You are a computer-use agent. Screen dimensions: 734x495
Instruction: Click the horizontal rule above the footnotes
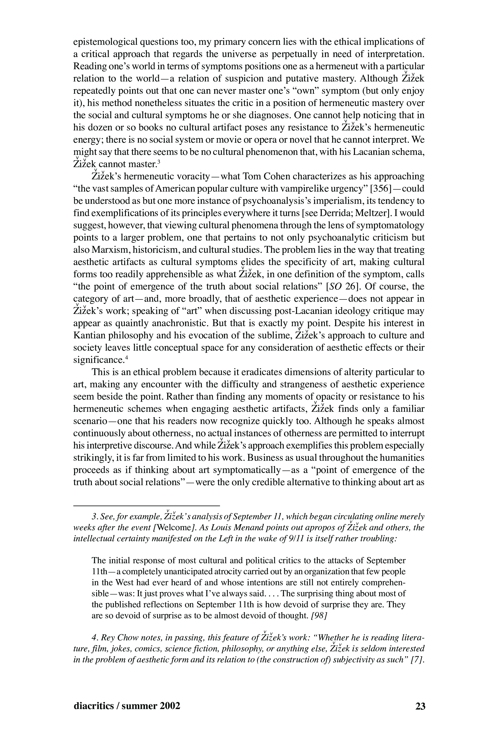[146, 506]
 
